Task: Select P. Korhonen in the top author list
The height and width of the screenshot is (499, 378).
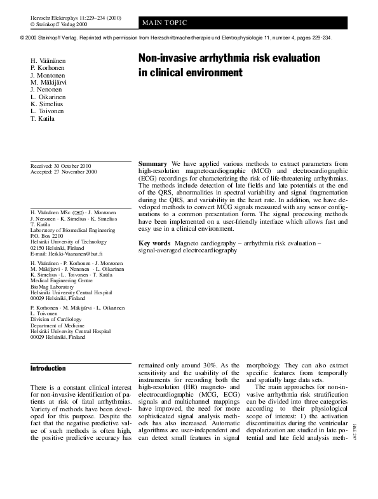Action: (x=47, y=68)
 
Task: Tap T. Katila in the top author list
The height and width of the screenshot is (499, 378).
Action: (x=43, y=119)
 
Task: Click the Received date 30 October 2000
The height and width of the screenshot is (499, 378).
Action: (x=64, y=165)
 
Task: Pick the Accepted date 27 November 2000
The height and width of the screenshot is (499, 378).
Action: (x=64, y=172)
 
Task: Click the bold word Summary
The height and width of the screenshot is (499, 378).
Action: (x=152, y=163)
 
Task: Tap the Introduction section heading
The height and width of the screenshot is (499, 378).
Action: (x=48, y=368)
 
